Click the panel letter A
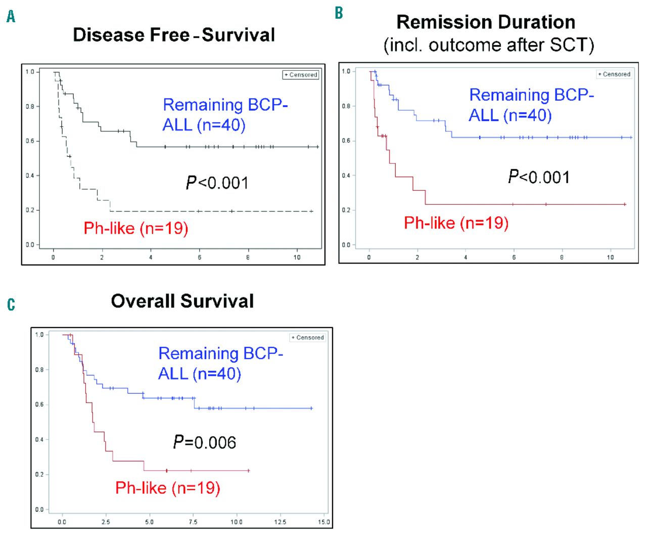[x=11, y=17]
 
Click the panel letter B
[x=339, y=13]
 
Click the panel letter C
[x=11, y=304]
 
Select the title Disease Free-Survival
[x=174, y=35]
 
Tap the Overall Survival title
[x=182, y=301]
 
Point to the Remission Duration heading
[x=486, y=22]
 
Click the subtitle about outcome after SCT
[x=489, y=45]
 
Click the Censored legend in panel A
[x=301, y=75]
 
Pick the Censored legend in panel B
[x=614, y=74]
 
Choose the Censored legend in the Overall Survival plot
[x=308, y=337]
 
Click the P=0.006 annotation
[x=204, y=442]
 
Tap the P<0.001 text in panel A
[x=217, y=183]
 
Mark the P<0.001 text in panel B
[x=539, y=177]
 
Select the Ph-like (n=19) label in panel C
[x=168, y=488]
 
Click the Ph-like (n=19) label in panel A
[x=136, y=228]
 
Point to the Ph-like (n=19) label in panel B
[x=456, y=223]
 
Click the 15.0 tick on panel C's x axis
[x=323, y=522]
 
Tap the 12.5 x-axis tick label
[x=280, y=522]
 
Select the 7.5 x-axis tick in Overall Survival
[x=193, y=522]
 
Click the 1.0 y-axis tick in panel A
[x=30, y=72]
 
